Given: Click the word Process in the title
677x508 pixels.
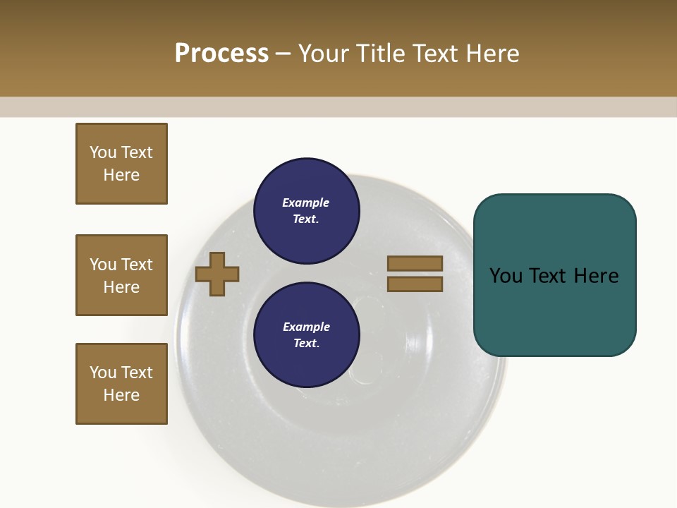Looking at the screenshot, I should [221, 54].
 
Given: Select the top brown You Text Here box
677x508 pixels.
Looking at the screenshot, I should [121, 164].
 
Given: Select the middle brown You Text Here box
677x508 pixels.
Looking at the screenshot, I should [121, 275].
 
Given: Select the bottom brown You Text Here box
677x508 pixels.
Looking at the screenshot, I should [121, 384].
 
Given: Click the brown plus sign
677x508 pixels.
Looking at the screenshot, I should [217, 274].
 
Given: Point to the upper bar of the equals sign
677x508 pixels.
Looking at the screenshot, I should [415, 264].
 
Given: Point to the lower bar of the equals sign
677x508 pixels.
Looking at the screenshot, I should [415, 284].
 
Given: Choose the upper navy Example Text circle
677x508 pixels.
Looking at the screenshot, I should [306, 211].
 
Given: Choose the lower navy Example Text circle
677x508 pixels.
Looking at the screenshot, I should [306, 334].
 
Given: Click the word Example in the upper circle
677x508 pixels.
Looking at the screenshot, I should [306, 203].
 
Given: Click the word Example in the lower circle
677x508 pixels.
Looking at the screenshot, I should [306, 327].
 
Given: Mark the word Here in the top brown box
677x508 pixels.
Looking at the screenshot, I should [121, 175].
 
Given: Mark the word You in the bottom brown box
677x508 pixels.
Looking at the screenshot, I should [103, 373].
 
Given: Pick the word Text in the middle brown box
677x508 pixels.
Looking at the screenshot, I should [136, 265].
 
